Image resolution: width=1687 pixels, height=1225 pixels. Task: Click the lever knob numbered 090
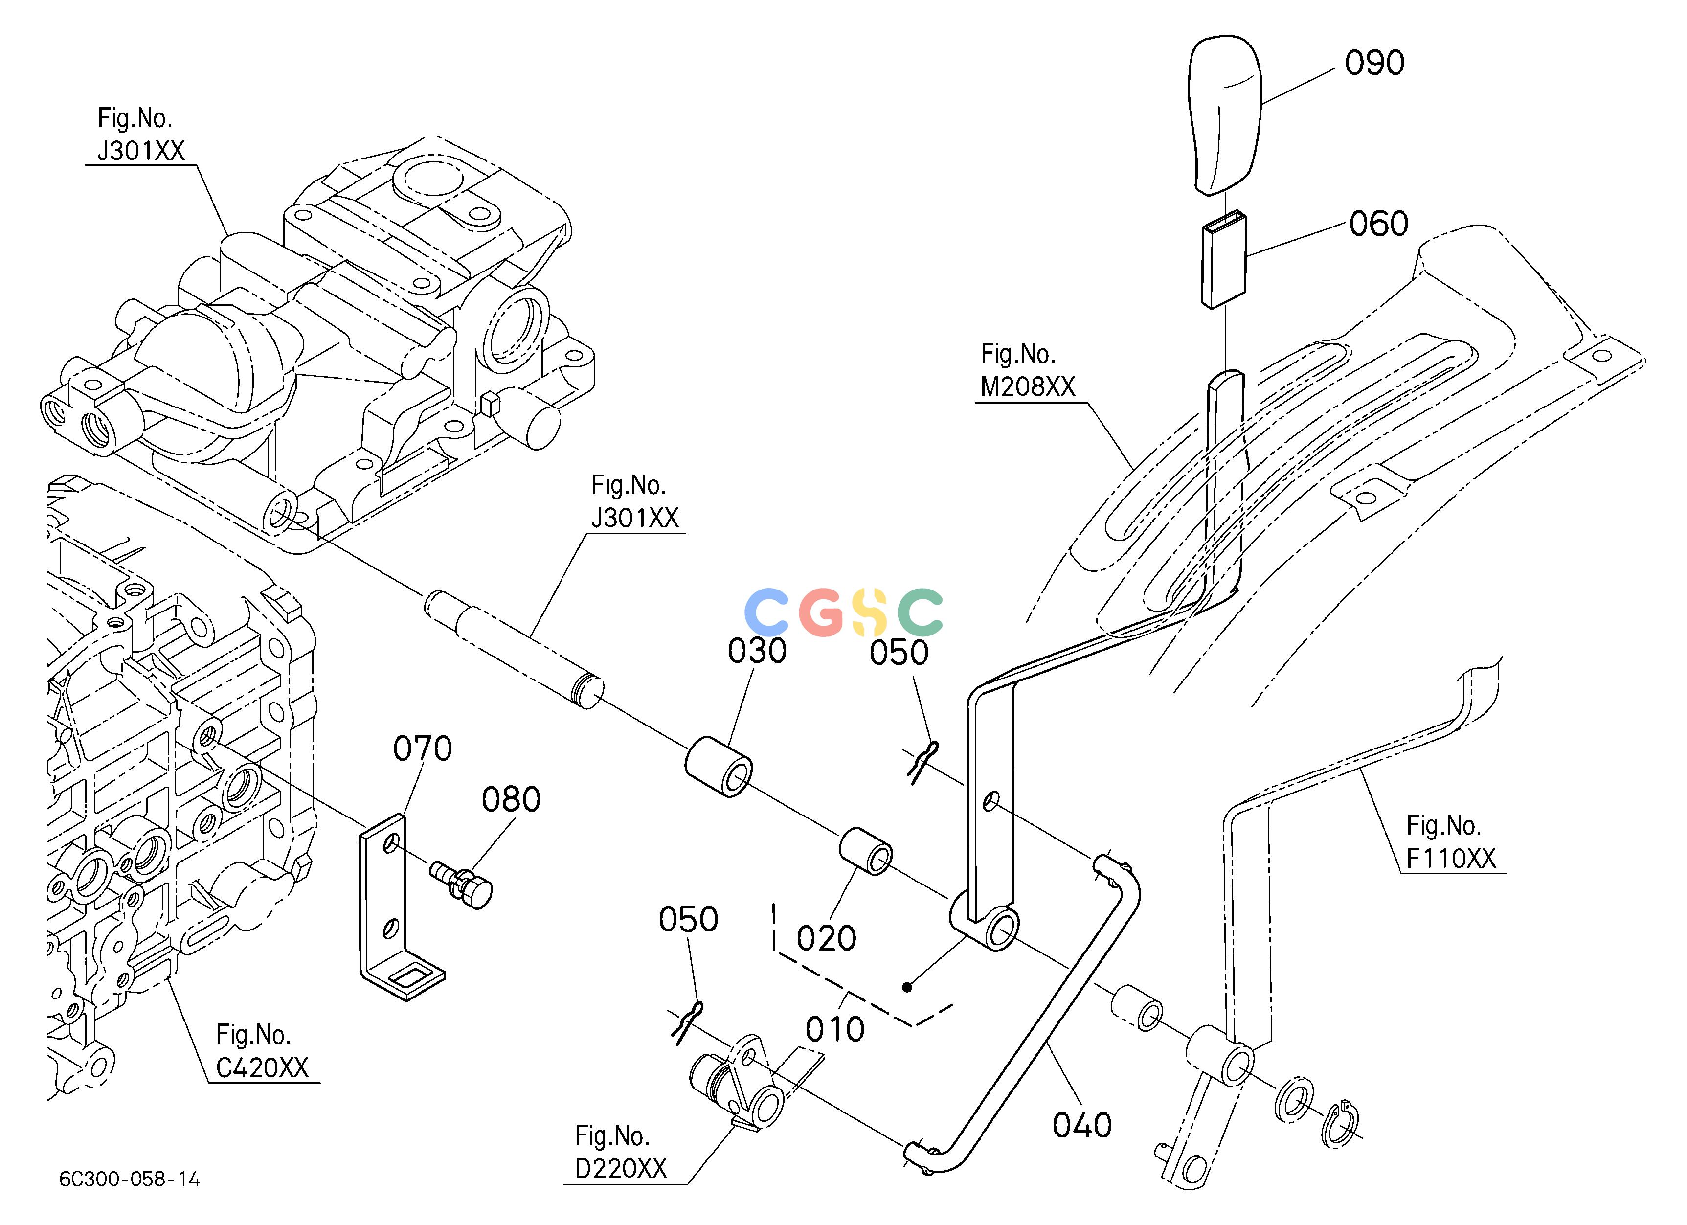pyautogui.click(x=1226, y=115)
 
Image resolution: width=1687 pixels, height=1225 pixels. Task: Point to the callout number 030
pyautogui.click(x=757, y=651)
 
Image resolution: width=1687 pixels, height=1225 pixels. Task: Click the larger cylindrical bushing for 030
pyautogui.click(x=718, y=767)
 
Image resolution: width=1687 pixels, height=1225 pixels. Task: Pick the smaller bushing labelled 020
pyautogui.click(x=866, y=851)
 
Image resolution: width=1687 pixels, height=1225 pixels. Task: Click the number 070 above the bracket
pyautogui.click(x=423, y=748)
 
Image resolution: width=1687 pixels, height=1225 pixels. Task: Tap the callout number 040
pyautogui.click(x=1082, y=1125)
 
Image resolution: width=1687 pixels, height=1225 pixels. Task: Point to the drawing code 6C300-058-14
pyautogui.click(x=130, y=1180)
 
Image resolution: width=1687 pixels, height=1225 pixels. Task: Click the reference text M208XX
pyautogui.click(x=1028, y=387)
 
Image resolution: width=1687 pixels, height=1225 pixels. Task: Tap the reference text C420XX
pyautogui.click(x=262, y=1068)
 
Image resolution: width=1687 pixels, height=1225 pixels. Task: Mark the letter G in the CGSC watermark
pyautogui.click(x=823, y=612)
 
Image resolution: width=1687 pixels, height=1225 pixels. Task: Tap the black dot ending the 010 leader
pyautogui.click(x=906, y=988)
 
